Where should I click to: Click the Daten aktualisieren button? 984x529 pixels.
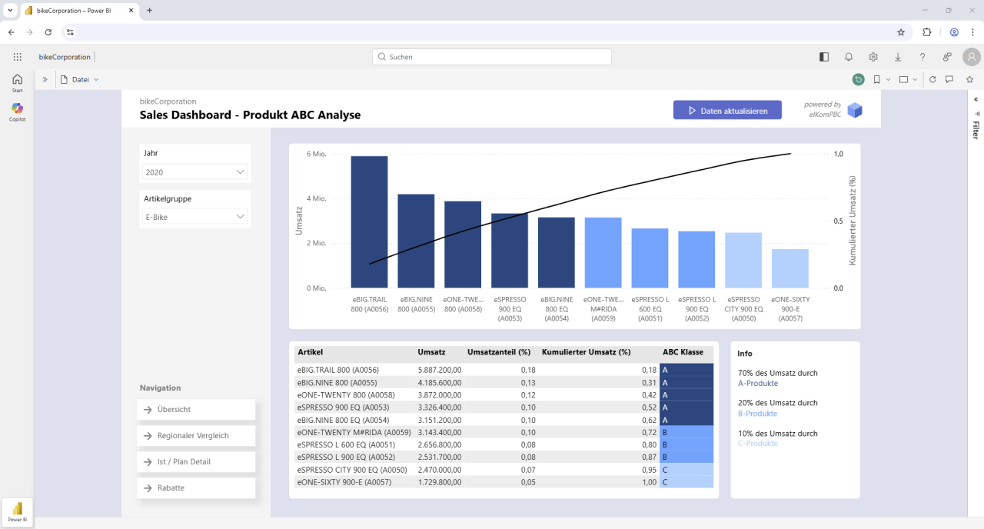[727, 111]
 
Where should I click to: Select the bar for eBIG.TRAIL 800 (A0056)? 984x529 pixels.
[369, 222]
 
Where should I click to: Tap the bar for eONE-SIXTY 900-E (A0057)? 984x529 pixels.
[790, 268]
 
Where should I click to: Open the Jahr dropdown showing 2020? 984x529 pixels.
[195, 172]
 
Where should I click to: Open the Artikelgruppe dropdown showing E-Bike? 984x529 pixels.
[195, 217]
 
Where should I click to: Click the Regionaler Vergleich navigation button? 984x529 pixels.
[196, 436]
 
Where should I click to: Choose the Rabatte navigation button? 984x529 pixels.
[196, 488]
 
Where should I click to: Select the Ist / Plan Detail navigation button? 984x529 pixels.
[196, 462]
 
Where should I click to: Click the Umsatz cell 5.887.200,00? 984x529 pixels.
[439, 370]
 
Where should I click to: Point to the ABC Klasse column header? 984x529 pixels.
[683, 352]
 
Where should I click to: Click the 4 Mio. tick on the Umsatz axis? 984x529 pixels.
[316, 198]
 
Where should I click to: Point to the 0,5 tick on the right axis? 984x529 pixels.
[839, 221]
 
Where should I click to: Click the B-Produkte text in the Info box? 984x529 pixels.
[757, 414]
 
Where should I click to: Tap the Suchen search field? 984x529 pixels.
[492, 57]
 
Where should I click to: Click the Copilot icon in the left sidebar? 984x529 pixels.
[17, 109]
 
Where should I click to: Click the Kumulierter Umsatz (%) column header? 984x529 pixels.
[586, 352]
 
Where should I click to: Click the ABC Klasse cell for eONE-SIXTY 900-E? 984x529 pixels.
[686, 482]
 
